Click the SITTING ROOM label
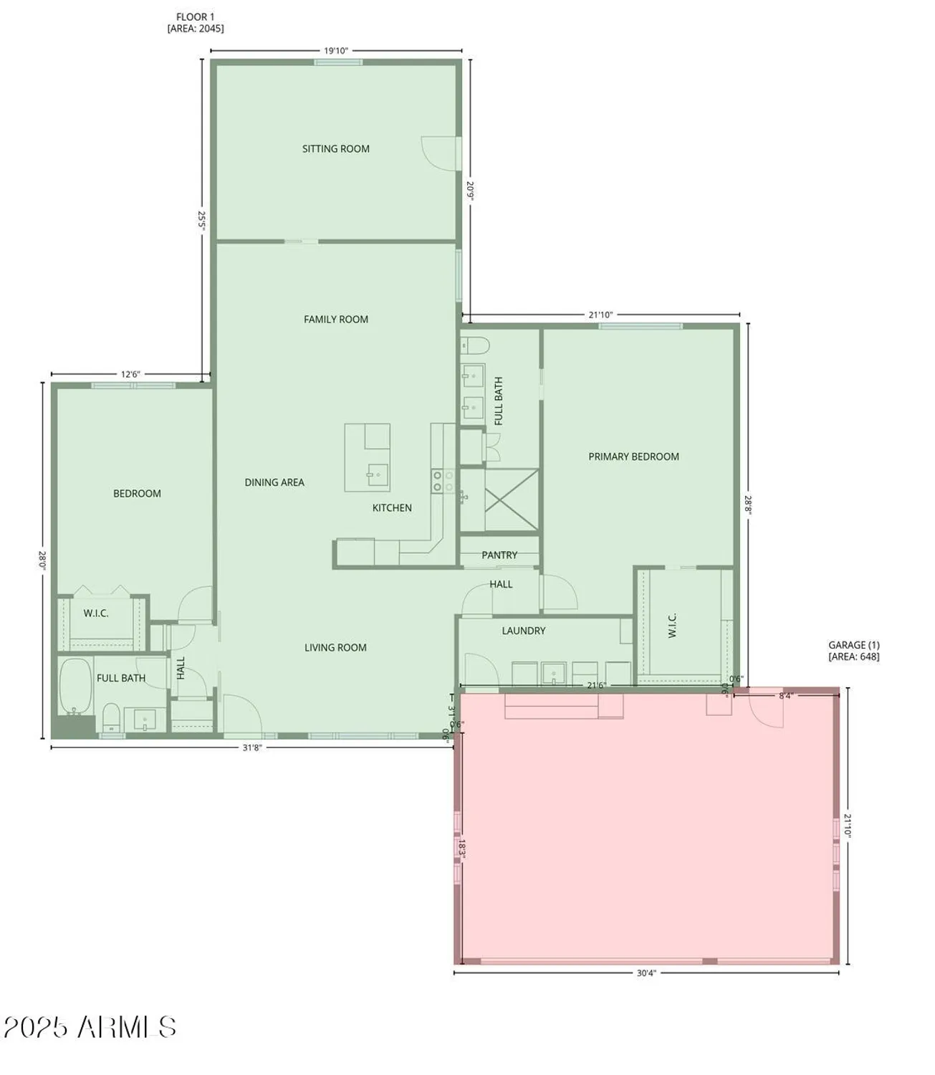[335, 149]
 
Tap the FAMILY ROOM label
[335, 320]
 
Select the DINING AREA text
[274, 482]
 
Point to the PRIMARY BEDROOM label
[633, 457]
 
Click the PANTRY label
[499, 555]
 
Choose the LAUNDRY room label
[523, 631]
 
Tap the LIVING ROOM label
[335, 648]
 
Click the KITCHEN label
[392, 508]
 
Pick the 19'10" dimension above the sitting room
[335, 51]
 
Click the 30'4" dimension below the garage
[646, 973]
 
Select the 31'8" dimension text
[251, 747]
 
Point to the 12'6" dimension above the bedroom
[130, 374]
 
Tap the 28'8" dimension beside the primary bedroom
[749, 505]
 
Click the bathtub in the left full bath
[75, 687]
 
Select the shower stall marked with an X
[511, 490]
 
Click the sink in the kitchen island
[377, 474]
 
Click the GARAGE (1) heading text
[853, 645]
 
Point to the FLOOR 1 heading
[195, 16]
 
